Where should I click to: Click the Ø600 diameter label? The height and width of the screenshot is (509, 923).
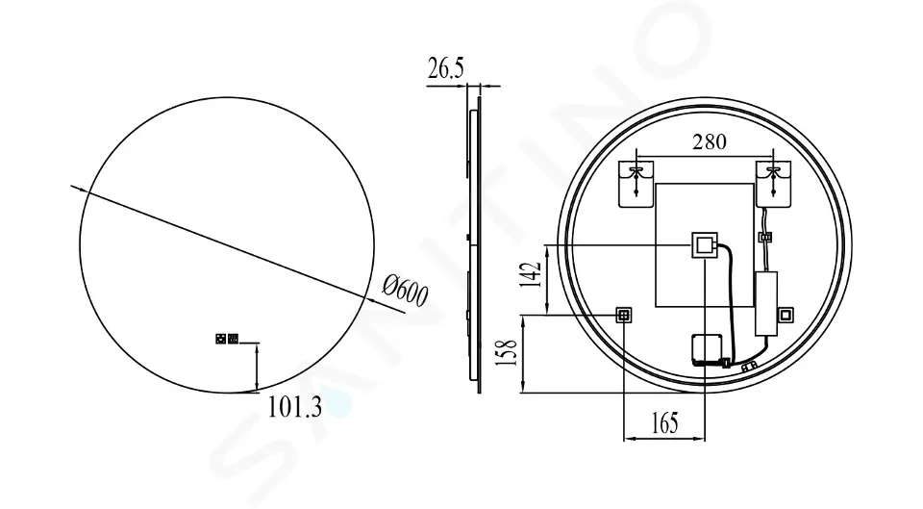pos(405,291)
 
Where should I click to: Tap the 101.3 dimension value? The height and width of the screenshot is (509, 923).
pos(294,408)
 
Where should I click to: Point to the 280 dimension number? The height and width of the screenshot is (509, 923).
pos(710,142)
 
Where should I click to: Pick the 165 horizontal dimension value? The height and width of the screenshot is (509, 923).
pos(664,421)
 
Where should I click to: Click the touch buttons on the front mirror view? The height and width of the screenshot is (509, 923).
pos(227,338)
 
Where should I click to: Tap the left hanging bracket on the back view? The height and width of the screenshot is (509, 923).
pos(636,183)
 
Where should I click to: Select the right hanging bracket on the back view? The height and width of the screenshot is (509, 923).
pos(773,183)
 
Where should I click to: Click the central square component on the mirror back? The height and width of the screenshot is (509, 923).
pos(705,245)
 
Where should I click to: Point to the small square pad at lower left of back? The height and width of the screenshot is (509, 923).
pos(624,314)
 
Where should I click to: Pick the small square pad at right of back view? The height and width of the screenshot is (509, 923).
pos(786,314)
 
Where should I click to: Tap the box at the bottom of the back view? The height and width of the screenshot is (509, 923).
pos(710,349)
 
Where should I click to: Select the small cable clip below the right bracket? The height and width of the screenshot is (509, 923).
pos(766,236)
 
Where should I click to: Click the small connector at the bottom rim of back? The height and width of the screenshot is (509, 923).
pos(749,366)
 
